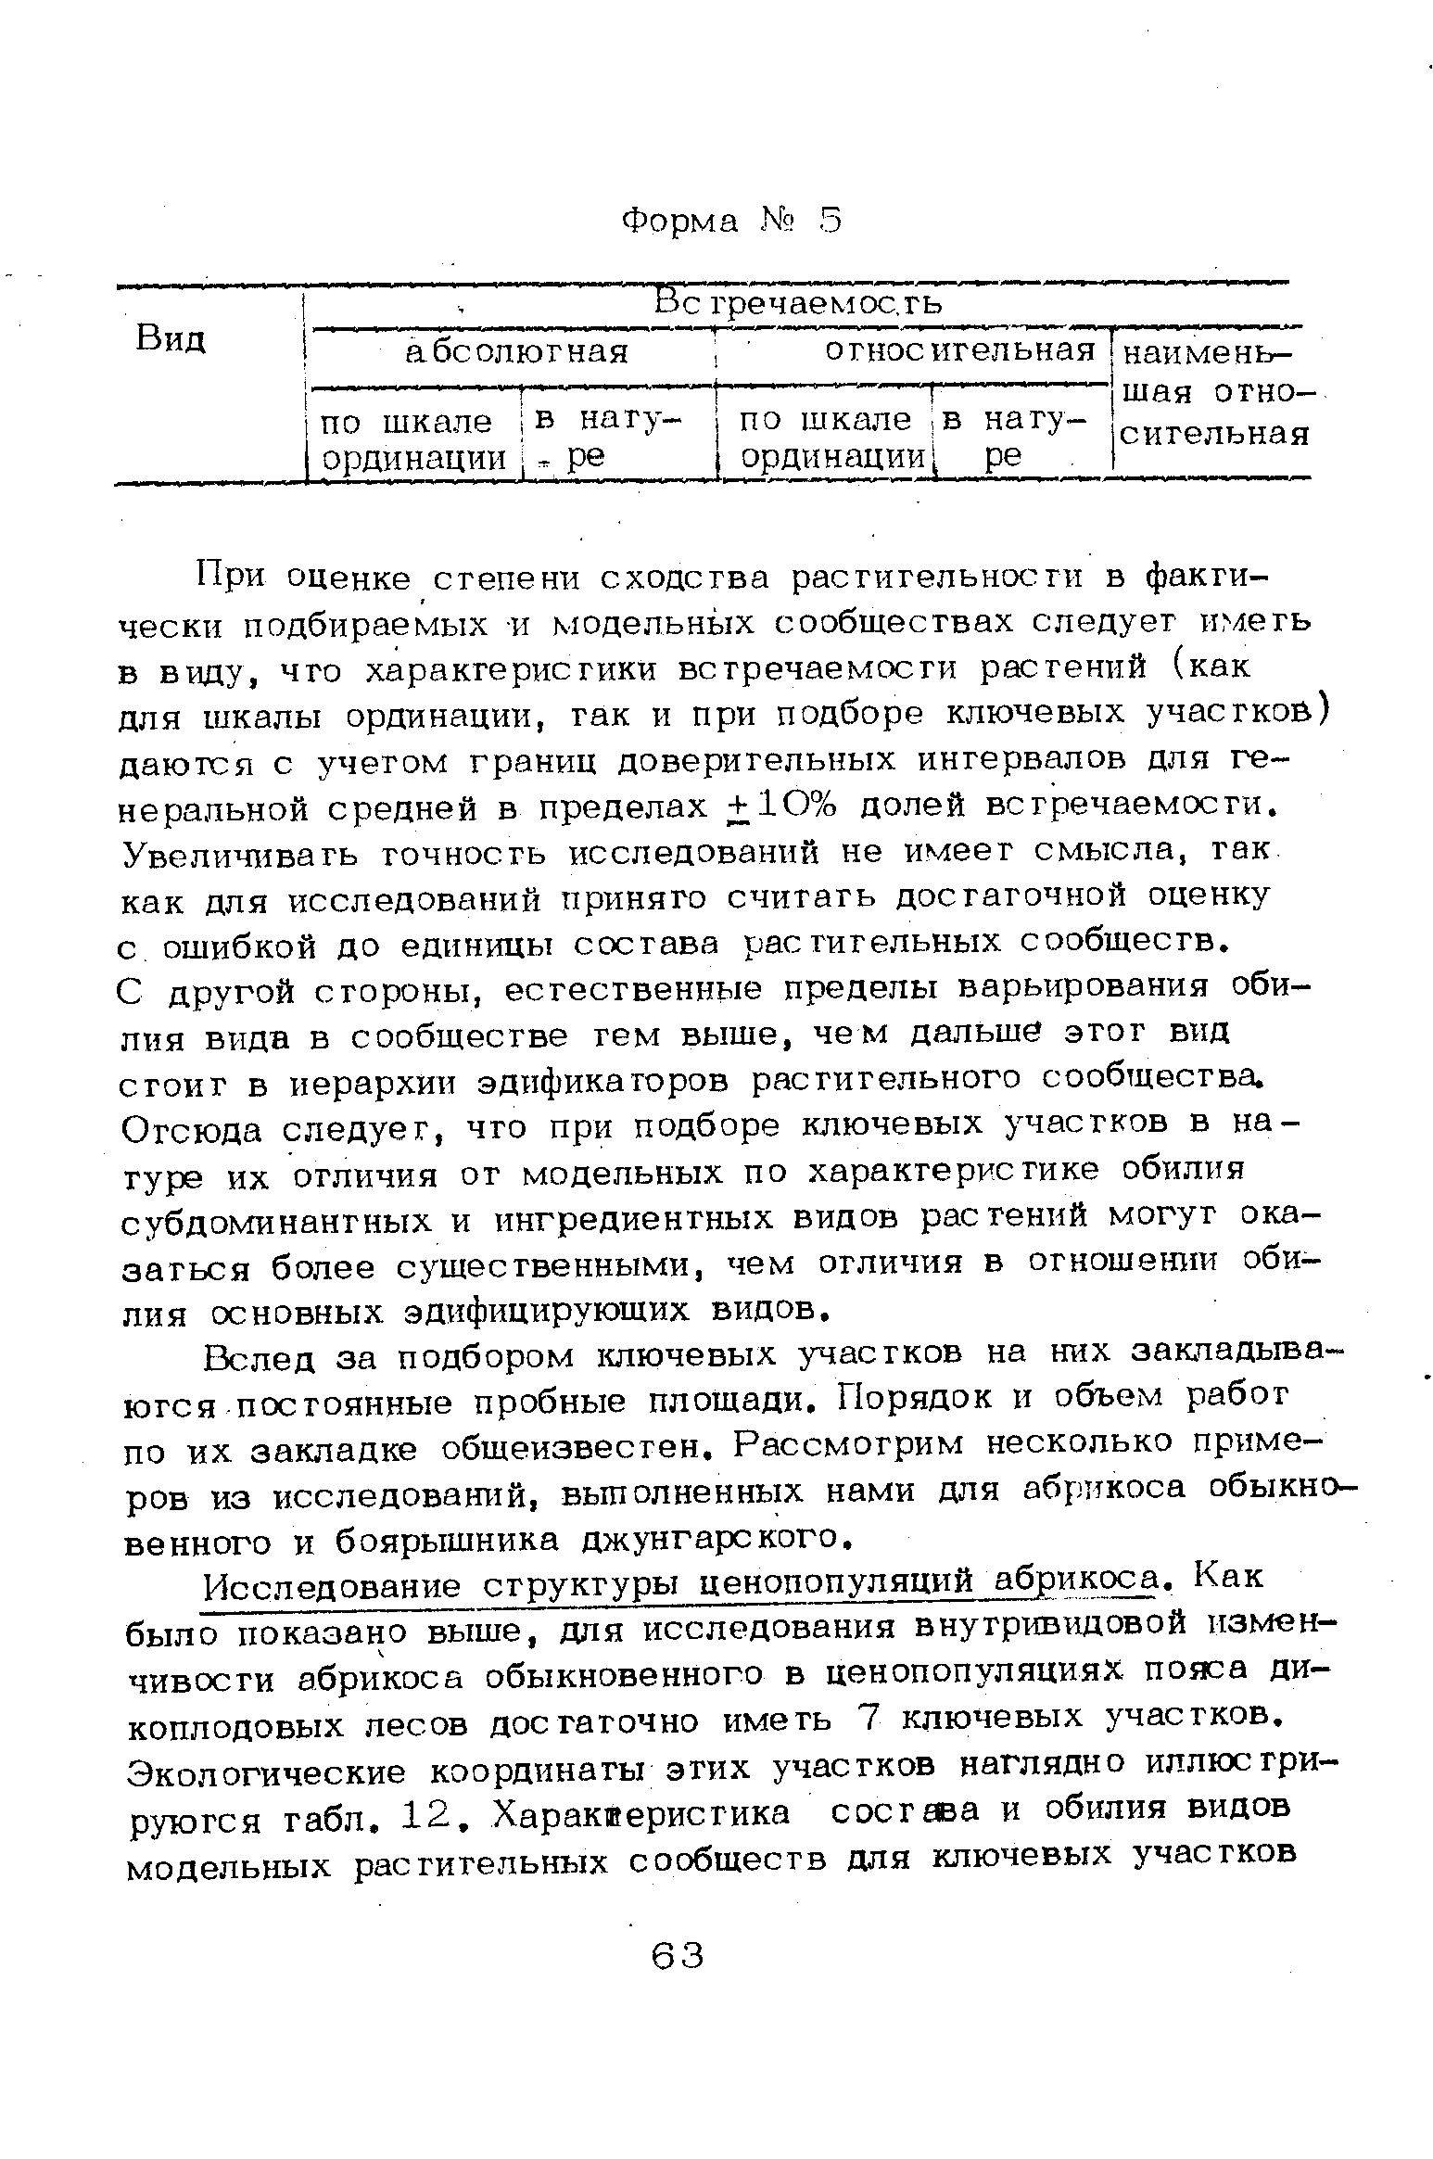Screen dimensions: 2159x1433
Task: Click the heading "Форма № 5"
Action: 731,222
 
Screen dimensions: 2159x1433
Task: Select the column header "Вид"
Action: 171,339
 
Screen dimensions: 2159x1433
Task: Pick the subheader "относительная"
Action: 960,350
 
